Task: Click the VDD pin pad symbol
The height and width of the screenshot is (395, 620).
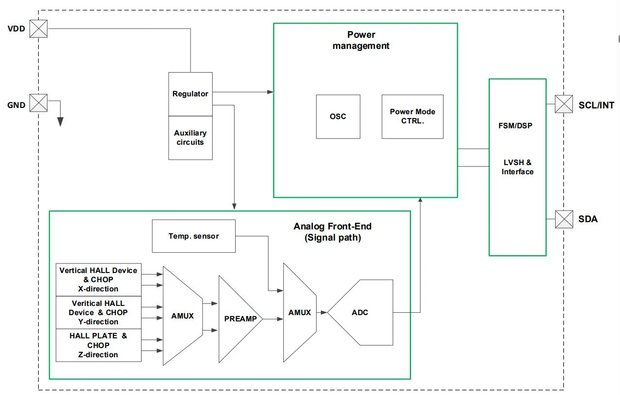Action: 38,29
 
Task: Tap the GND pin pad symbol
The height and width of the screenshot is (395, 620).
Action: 38,103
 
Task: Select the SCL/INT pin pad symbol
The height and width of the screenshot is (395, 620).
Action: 564,104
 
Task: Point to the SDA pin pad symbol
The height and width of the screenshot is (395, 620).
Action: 564,219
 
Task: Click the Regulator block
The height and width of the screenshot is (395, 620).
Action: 191,94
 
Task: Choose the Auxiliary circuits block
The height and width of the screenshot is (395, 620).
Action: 191,137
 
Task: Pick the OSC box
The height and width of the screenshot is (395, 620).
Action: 338,117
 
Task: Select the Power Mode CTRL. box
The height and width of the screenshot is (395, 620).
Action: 413,117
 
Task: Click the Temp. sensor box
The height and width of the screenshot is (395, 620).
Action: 194,236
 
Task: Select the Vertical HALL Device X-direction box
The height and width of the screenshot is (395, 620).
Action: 98,280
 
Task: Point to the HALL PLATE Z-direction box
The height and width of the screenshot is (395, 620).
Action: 98,345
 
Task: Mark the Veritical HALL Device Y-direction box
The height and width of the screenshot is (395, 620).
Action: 98,313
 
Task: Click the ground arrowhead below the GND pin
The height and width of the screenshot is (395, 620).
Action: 60,122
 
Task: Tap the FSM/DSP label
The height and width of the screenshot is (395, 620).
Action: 515,126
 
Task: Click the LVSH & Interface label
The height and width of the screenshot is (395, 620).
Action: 518,167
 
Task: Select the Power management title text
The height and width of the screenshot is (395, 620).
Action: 361,40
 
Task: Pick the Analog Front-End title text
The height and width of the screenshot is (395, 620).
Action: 333,232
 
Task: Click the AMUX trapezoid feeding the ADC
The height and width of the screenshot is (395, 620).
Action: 300,313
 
